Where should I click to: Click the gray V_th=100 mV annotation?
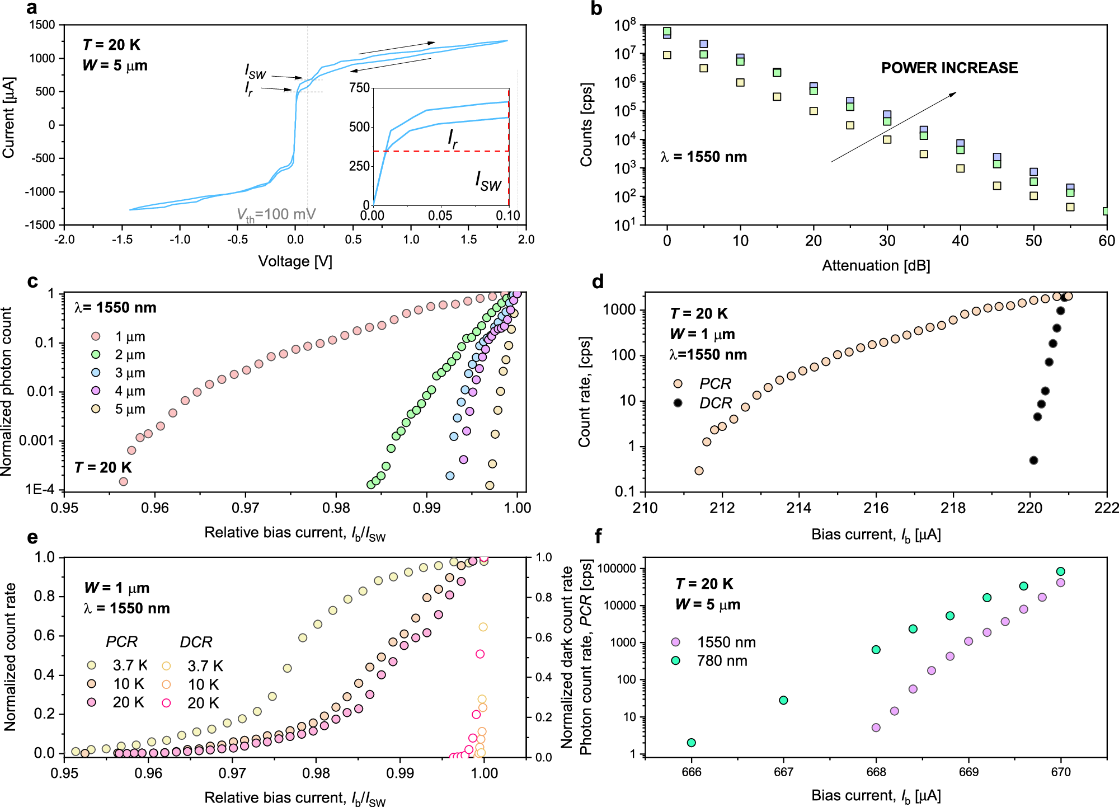click(x=276, y=214)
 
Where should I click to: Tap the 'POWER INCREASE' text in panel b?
click(x=949, y=68)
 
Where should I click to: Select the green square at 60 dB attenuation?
click(x=1106, y=211)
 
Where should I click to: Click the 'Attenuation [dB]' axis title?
click(x=876, y=266)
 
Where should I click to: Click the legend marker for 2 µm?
click(x=96, y=355)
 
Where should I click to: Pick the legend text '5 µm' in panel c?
click(x=130, y=409)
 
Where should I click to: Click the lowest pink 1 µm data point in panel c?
click(x=124, y=481)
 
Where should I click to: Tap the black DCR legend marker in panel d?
click(x=678, y=403)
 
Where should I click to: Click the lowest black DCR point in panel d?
click(x=1033, y=460)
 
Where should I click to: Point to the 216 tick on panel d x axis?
click(x=876, y=508)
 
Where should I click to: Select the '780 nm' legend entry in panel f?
click(x=722, y=661)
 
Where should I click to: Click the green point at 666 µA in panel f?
click(x=691, y=743)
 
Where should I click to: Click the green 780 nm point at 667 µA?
click(x=783, y=700)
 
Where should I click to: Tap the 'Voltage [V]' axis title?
click(x=295, y=261)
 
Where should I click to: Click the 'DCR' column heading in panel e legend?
click(x=196, y=642)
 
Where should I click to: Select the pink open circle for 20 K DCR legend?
click(x=166, y=703)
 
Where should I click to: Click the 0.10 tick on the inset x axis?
click(x=507, y=215)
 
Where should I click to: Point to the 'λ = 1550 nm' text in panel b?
click(x=703, y=157)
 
